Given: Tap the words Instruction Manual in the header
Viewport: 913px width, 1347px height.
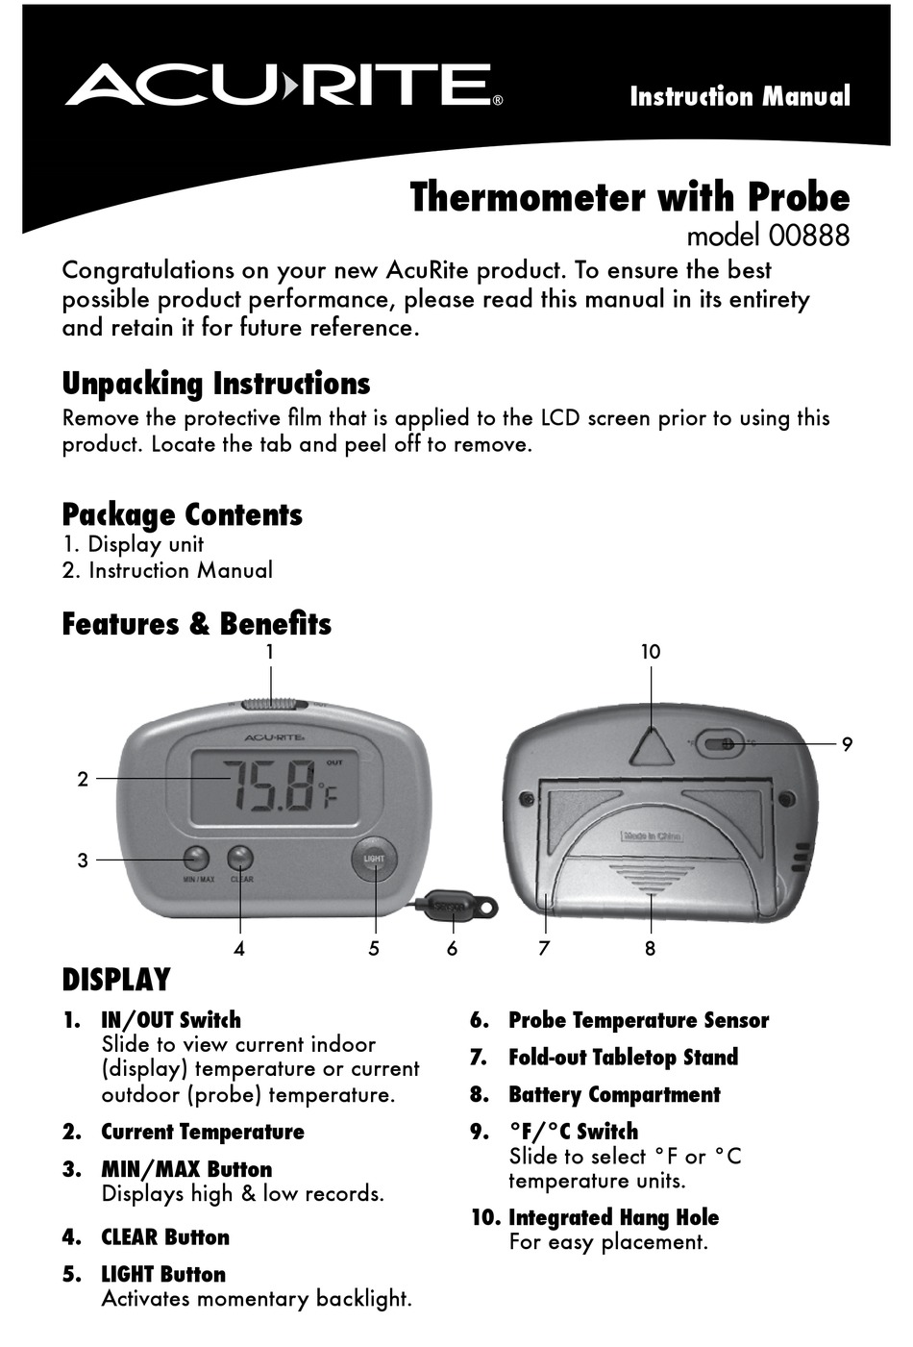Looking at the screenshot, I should [x=739, y=97].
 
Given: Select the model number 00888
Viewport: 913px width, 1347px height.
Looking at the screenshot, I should [x=768, y=236].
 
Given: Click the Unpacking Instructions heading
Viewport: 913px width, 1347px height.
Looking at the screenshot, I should [x=215, y=384].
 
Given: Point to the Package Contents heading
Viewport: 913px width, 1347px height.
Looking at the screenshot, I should [x=182, y=514].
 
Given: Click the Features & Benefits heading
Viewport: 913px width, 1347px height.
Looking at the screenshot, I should [x=196, y=624].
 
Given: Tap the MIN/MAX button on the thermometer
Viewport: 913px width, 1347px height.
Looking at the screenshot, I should [x=196, y=858].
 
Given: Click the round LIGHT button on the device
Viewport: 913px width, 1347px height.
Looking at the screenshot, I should [x=373, y=859].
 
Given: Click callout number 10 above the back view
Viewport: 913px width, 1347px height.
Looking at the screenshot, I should [x=651, y=652].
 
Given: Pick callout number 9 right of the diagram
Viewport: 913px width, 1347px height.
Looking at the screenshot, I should [x=847, y=744].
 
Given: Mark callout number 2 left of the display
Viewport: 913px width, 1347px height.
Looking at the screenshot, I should [x=83, y=779].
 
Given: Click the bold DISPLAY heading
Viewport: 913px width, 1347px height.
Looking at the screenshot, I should [x=115, y=980].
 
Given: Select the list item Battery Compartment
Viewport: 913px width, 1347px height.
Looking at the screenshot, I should [x=613, y=1095].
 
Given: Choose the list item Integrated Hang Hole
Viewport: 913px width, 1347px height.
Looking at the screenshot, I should [x=612, y=1218].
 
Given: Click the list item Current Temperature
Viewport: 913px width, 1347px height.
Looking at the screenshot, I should [x=202, y=1133].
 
